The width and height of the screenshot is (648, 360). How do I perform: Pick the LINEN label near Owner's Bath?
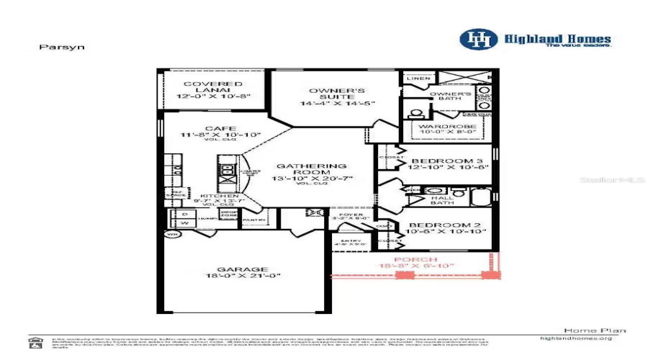[419, 78]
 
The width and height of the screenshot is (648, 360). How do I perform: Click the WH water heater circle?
[172, 235]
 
